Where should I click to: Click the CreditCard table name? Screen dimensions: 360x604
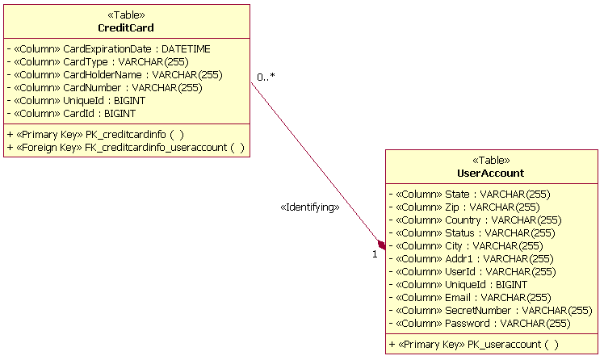click(126, 28)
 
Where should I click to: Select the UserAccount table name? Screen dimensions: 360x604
click(490, 173)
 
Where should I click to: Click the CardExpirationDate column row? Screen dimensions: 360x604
click(108, 49)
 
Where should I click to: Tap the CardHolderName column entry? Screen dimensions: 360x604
click(114, 75)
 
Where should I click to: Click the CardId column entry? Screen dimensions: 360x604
click(71, 114)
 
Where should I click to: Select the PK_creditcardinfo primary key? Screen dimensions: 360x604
click(95, 135)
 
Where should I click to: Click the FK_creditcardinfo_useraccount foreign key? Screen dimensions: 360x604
click(125, 148)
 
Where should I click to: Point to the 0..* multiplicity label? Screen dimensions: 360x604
click(266, 77)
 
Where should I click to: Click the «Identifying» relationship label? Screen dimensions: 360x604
click(309, 207)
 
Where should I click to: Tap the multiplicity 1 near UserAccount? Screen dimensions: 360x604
click(375, 254)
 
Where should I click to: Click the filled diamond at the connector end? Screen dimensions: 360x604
click(381, 245)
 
